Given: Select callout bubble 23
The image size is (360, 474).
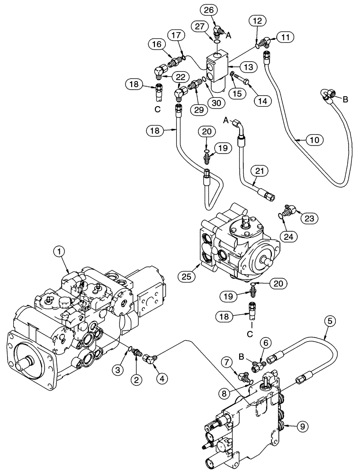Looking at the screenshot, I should (307, 218).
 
